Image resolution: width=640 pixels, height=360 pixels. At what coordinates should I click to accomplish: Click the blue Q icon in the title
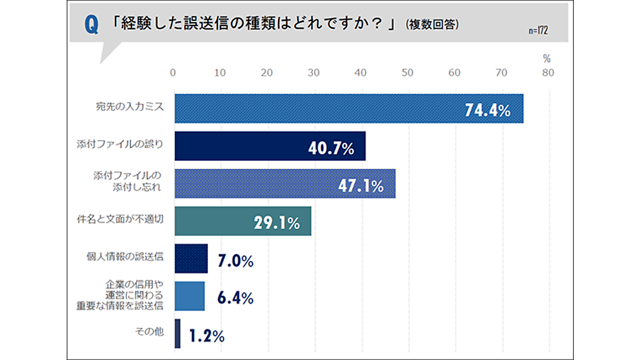92,25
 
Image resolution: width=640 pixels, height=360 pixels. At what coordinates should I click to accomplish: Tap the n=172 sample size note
538,30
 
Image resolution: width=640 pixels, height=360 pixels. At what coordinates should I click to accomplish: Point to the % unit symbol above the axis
547,58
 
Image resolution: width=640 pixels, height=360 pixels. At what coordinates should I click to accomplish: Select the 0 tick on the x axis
173,73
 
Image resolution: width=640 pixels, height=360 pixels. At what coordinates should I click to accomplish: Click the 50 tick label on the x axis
407,73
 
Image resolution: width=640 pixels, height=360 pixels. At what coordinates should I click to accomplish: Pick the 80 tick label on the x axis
548,73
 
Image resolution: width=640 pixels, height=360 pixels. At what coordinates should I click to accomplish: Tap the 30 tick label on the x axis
313,73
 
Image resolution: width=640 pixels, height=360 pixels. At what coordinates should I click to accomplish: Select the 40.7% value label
331,148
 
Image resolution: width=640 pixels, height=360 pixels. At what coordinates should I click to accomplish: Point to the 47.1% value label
361,186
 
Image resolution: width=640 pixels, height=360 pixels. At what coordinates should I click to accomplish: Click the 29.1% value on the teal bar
276,223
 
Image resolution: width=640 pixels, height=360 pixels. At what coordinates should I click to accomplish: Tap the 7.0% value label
235,261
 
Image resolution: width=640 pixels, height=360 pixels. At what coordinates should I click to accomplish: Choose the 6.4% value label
235,298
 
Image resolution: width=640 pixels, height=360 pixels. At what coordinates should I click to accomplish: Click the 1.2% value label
207,336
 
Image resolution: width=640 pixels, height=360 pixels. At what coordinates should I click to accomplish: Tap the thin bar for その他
177,334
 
